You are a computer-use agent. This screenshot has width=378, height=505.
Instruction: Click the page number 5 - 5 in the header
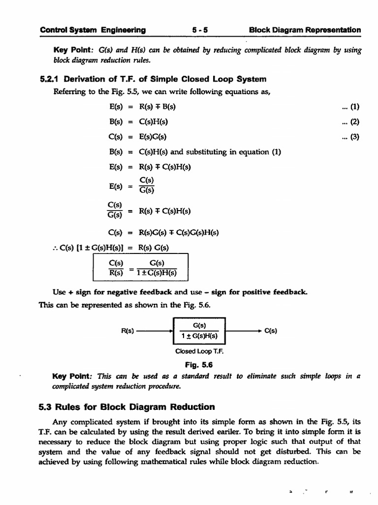click(x=201, y=30)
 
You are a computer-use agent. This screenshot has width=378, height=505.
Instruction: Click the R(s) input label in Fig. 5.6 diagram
click(x=128, y=331)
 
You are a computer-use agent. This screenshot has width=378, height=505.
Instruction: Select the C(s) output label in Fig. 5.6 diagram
click(x=270, y=331)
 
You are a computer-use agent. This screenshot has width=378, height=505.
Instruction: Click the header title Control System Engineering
click(x=93, y=30)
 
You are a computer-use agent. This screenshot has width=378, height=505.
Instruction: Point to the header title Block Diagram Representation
click(x=305, y=30)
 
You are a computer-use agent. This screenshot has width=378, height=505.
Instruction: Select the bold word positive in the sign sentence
click(x=256, y=292)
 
